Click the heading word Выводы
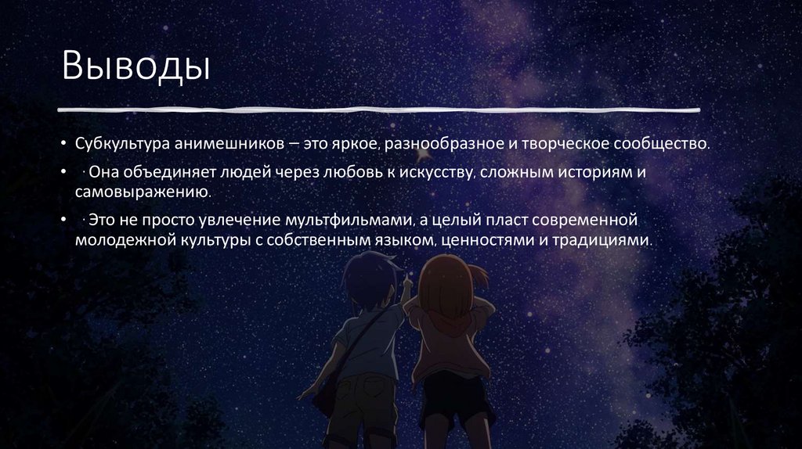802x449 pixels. tap(136, 66)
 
